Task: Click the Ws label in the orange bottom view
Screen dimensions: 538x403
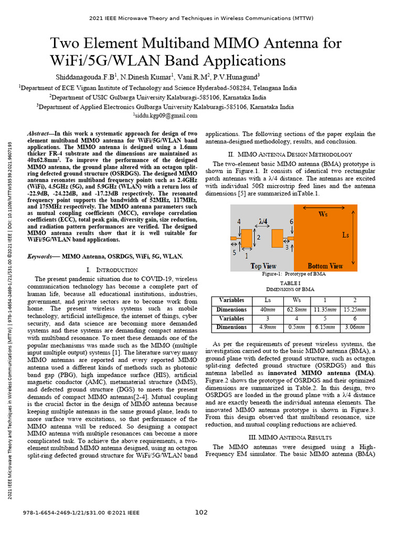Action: [324, 214]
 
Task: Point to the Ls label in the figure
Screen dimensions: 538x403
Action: [345, 235]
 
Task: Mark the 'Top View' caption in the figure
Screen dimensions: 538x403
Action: [263, 266]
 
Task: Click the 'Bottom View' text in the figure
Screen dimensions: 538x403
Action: [325, 266]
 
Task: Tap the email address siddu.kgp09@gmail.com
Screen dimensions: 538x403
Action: [165, 115]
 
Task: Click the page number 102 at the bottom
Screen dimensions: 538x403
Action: [201, 512]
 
